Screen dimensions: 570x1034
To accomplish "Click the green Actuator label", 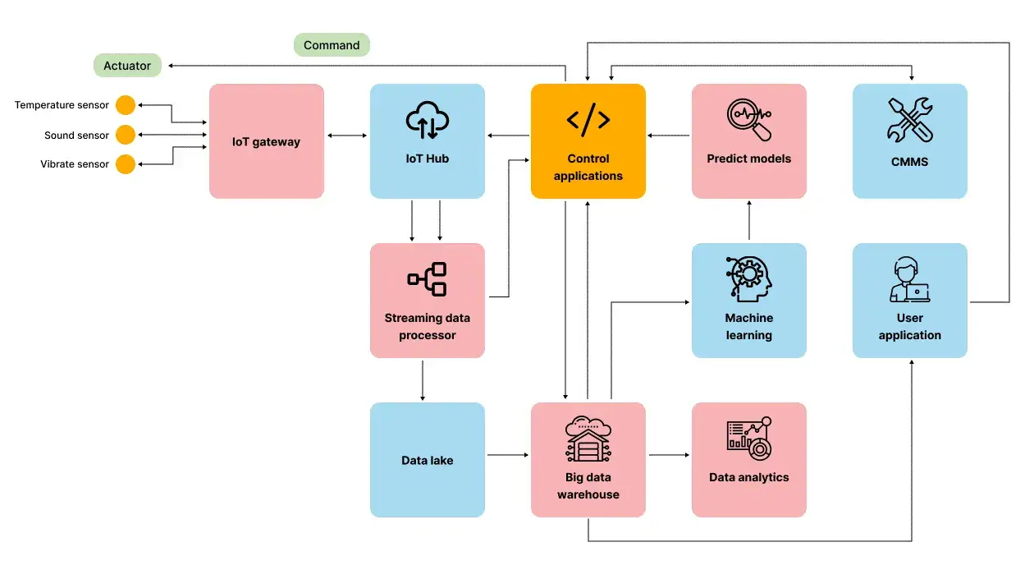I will coord(127,66).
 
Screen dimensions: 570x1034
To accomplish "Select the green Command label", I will coord(332,45).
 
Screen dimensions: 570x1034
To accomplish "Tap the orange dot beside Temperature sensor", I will coord(125,105).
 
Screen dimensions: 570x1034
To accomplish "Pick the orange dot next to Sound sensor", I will coord(125,135).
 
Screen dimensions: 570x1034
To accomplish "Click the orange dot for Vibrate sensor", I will coord(125,164).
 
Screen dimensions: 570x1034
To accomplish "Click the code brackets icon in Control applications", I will coord(588,120).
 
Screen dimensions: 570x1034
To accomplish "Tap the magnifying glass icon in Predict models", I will coord(748,120).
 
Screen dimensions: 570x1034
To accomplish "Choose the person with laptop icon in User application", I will coord(909,280).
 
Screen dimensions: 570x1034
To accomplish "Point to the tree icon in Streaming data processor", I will coord(428,279).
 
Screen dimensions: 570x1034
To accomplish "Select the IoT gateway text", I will coord(266,142).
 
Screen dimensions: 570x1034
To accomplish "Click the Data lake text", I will coord(428,461).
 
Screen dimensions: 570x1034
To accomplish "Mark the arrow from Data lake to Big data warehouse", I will coord(507,454).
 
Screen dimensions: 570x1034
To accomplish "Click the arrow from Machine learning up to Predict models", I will coord(749,220).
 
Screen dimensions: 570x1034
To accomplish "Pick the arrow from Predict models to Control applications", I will coord(668,135).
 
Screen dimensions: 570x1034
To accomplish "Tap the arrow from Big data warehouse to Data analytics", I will coord(668,454).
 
